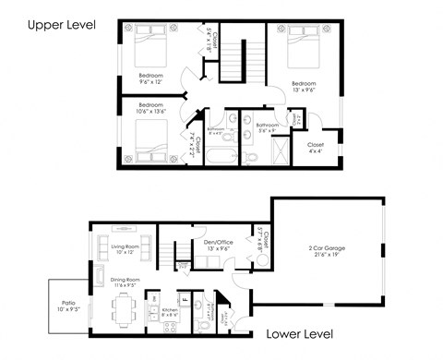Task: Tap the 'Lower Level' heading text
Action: point(297,333)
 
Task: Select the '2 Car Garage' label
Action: point(328,248)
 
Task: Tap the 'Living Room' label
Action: point(117,246)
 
